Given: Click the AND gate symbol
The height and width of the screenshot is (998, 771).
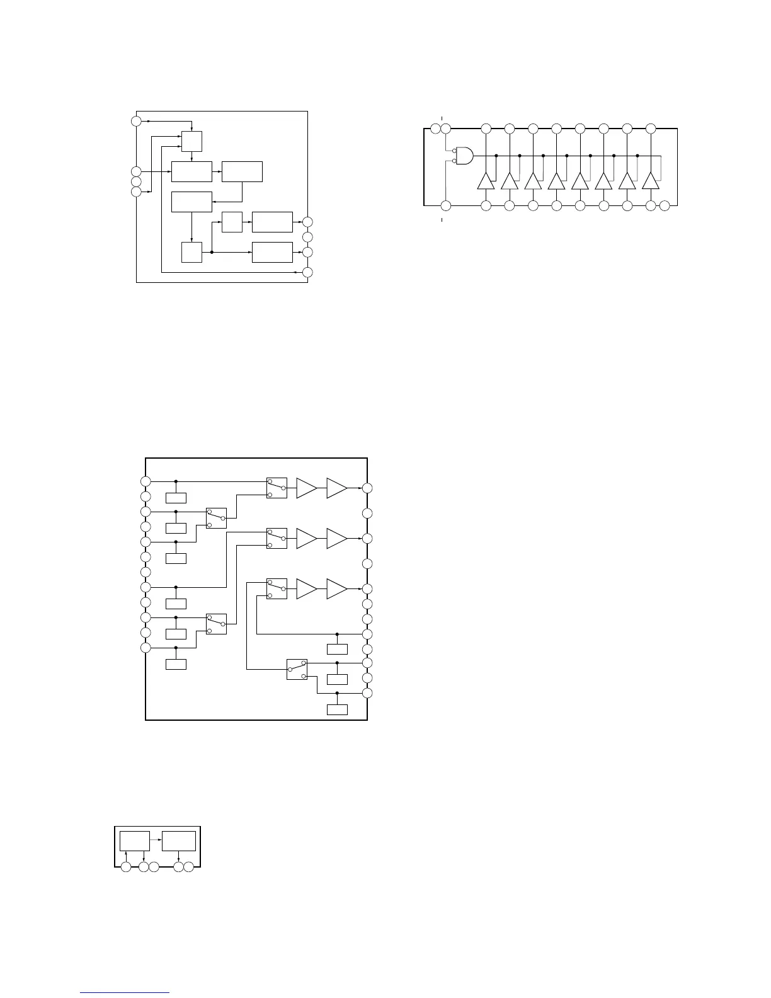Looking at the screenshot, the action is [464, 156].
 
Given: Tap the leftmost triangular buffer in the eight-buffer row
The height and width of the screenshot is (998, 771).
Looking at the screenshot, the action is [486, 181].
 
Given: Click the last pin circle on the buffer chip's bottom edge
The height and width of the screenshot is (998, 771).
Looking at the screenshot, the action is [665, 205].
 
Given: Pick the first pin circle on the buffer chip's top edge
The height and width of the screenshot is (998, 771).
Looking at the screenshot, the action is [435, 129].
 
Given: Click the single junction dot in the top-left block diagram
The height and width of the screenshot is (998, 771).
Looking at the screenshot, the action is [212, 252].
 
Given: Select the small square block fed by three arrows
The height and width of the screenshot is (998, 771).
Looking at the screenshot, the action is [191, 141].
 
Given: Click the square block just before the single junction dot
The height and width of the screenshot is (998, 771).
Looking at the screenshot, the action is [191, 252].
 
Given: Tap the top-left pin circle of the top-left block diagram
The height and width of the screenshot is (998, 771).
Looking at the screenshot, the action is [136, 121].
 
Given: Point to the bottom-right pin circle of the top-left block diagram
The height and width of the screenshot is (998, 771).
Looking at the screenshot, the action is [307, 272].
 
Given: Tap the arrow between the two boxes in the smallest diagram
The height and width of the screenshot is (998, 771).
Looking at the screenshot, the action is [156, 840].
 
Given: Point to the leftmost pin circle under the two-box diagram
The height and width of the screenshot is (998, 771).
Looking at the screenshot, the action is [126, 868].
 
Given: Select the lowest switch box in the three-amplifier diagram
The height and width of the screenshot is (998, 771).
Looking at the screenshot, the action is [297, 669].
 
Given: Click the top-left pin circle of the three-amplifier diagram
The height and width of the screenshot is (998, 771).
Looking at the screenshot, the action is [146, 481].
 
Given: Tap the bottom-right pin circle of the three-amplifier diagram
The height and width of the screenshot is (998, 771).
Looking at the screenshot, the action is [367, 693].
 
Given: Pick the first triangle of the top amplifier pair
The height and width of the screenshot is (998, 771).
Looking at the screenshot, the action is [306, 488].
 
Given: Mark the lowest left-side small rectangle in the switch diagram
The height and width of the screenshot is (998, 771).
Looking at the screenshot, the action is [176, 664].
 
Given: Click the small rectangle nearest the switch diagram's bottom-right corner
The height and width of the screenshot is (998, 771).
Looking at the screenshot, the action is [337, 710].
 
